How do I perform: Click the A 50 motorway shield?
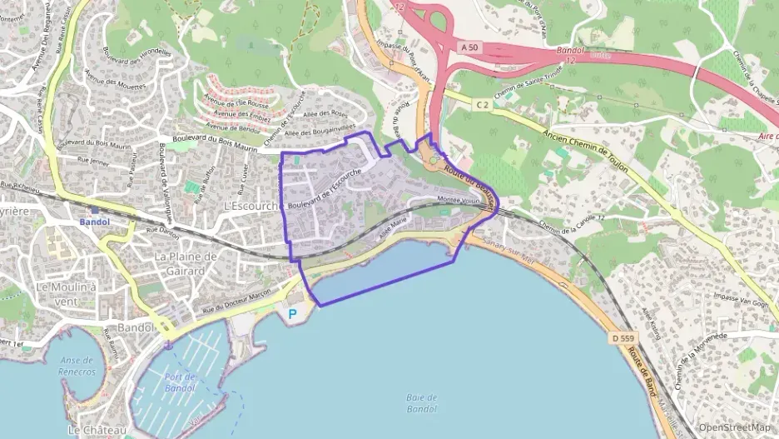469,49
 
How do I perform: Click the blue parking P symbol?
291,314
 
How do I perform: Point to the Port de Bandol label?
180,382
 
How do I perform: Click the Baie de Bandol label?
422,403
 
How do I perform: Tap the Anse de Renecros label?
77,366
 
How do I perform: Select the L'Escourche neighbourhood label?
251,206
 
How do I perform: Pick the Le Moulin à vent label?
66,293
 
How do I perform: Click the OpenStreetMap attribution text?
734,427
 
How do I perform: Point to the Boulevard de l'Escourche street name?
323,188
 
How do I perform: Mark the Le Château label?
97,430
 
